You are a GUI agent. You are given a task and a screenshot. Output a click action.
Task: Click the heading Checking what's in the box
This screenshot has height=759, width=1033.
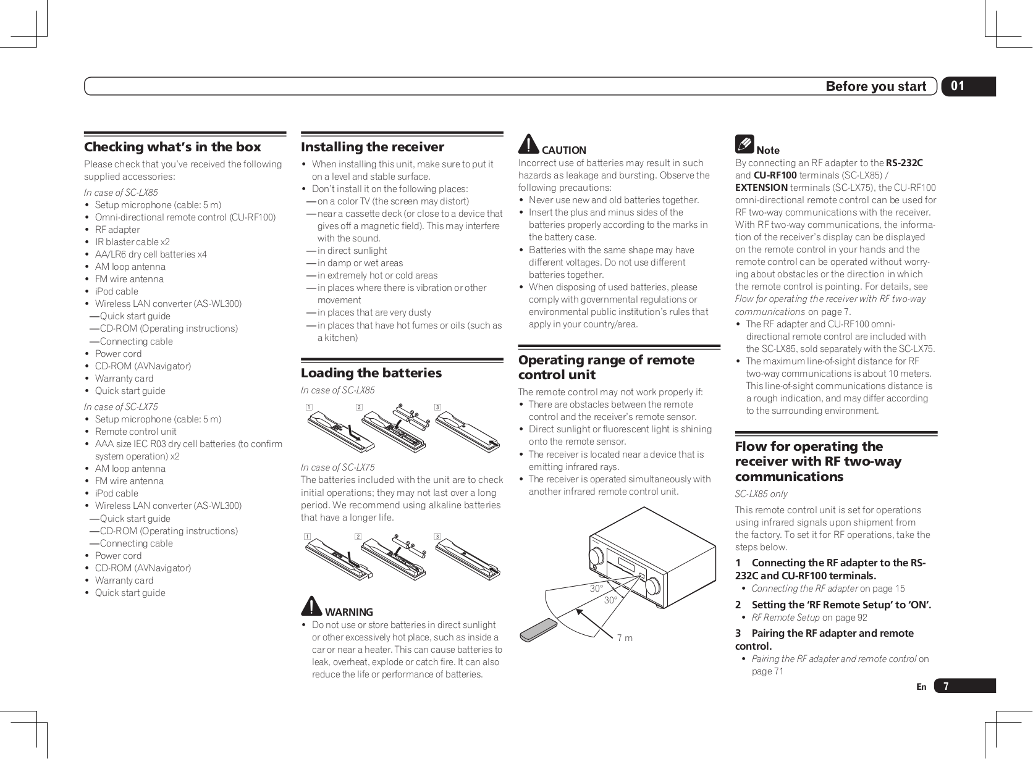[172, 147]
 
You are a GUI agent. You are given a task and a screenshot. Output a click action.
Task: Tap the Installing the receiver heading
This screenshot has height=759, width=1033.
[372, 147]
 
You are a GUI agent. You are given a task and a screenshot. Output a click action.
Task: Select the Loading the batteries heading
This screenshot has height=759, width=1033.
[371, 373]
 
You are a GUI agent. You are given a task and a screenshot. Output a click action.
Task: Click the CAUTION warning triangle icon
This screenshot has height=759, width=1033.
[528, 145]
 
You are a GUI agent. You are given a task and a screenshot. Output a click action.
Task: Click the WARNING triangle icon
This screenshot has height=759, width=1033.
[311, 606]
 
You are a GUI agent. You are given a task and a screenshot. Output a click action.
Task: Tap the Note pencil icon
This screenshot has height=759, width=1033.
[744, 145]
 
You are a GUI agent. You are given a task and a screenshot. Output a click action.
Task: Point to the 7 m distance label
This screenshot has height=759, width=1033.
[625, 637]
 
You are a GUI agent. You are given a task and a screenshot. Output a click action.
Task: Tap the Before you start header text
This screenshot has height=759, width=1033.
[875, 86]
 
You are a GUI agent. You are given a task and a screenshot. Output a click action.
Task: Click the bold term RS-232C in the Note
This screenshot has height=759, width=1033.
[904, 163]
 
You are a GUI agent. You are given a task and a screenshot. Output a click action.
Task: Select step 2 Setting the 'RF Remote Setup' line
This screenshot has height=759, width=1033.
[833, 605]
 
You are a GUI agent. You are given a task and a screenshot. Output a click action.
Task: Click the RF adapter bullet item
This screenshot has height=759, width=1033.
[117, 230]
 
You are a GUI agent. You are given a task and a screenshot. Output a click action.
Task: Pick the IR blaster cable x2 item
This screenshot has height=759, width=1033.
[132, 242]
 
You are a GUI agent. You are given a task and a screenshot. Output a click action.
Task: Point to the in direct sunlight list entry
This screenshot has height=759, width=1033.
[352, 251]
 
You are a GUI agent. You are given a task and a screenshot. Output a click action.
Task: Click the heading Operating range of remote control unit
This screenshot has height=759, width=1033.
[605, 367]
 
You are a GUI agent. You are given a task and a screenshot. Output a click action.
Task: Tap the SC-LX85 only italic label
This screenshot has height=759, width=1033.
[761, 494]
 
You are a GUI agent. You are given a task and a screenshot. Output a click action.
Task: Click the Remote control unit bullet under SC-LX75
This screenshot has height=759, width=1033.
[135, 432]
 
